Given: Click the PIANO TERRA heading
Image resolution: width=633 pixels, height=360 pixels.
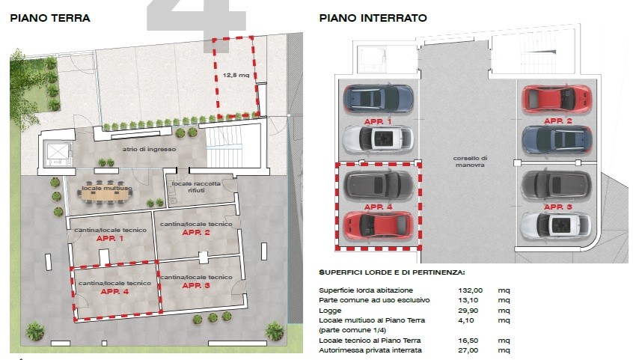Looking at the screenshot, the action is click(50, 18).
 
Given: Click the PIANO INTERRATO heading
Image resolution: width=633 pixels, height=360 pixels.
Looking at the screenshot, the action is click(373, 18).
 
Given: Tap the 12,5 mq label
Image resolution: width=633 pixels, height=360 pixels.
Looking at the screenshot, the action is click(236, 75).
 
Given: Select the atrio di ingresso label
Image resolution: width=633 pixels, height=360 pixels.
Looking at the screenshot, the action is click(150, 149).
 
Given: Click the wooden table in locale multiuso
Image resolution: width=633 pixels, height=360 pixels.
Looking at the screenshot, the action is click(105, 195).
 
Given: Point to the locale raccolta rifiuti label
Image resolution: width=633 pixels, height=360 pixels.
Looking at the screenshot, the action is click(196, 186).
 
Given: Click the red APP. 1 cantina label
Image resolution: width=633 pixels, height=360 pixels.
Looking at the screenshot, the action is click(110, 239).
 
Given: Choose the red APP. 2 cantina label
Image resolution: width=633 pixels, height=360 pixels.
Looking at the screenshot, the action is click(196, 232).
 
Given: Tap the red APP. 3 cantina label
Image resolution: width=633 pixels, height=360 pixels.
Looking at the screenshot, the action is click(196, 285).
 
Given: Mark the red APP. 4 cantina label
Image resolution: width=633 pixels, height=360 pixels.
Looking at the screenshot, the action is click(114, 291).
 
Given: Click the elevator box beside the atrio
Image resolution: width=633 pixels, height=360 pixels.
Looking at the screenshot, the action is click(58, 153).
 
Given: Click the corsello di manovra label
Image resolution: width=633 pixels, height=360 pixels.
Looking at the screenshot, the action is click(470, 162).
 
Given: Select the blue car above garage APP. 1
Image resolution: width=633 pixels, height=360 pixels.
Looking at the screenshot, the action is click(379, 99).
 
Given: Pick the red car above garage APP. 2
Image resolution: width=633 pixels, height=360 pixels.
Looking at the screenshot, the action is click(557, 99).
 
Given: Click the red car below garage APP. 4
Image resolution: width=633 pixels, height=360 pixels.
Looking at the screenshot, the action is click(379, 226).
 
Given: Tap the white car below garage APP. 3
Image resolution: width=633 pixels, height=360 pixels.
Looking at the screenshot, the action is click(555, 226).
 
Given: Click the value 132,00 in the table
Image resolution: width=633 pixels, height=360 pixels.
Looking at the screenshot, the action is click(471, 290).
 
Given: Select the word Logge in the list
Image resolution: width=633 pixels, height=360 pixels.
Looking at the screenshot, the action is click(330, 311).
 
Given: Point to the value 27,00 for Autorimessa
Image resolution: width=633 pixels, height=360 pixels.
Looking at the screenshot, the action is click(468, 350).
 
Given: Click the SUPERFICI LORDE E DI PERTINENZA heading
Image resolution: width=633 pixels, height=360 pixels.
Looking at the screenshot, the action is click(391, 272).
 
